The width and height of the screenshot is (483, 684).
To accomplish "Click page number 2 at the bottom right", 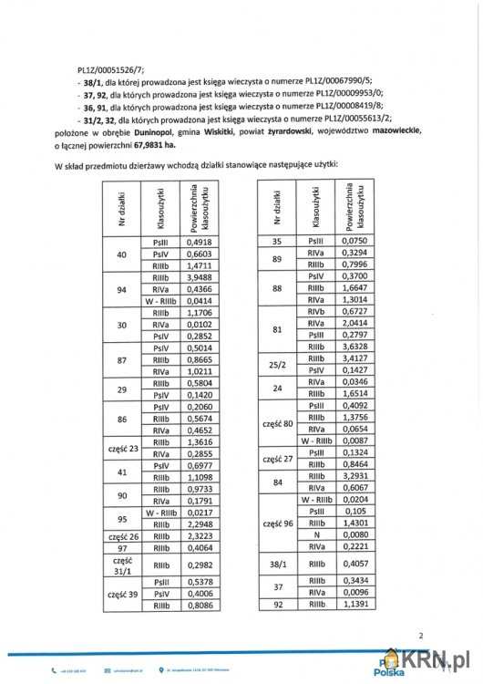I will pos(421,636).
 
